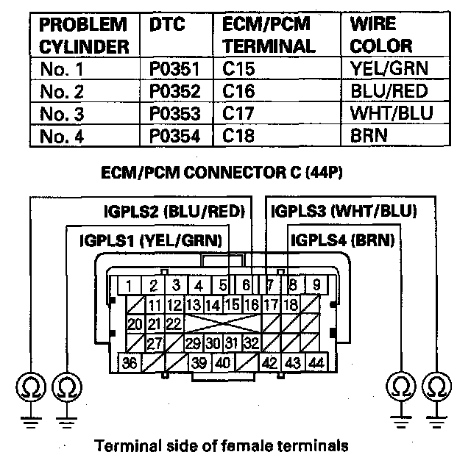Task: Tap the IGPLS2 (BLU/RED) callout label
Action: point(174,212)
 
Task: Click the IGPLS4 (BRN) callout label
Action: point(342,240)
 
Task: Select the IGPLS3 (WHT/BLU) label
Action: point(344,212)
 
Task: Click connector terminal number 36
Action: point(130,362)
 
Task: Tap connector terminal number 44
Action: point(317,362)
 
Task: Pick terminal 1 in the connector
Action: point(130,285)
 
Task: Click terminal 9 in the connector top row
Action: point(316,285)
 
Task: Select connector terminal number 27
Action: point(155,343)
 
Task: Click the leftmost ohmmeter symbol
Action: point(31,386)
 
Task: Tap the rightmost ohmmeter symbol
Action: point(437,386)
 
